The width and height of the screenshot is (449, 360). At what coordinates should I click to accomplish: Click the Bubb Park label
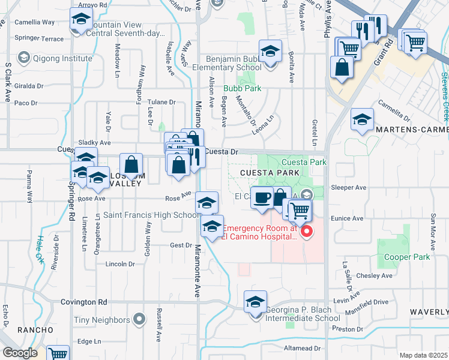coord(243,88)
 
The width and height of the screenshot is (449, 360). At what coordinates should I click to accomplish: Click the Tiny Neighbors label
coord(101,320)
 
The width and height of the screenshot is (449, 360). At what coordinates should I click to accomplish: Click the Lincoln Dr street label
coord(119,264)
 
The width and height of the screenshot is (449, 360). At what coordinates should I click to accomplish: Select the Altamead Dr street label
coord(302,348)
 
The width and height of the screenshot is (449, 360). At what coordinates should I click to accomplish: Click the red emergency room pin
coord(307,231)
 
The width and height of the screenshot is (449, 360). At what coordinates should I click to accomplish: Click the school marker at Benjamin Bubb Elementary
coord(270,51)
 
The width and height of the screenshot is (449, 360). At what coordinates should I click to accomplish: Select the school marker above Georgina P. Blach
coord(255,302)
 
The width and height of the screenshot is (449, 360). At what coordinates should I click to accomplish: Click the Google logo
coord(20,353)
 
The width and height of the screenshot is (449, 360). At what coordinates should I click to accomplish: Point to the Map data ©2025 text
coord(423,355)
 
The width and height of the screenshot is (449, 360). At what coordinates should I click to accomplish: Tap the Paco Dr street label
coord(26,103)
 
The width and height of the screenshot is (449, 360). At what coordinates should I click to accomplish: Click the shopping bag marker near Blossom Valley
coord(131,164)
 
